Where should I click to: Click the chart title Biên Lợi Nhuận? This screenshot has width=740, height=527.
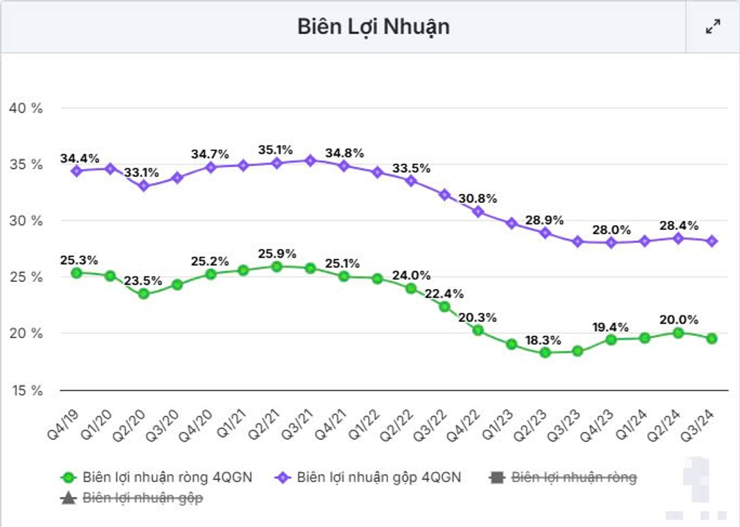pos(373,26)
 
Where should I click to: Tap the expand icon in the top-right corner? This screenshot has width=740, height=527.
pos(712,27)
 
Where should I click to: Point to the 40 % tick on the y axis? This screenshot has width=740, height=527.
pos(26,108)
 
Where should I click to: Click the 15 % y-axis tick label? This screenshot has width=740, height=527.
pos(26,389)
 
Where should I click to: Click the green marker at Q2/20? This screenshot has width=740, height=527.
pos(143,294)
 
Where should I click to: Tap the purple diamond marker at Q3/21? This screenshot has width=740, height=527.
pos(310,160)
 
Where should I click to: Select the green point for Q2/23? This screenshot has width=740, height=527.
pos(545,352)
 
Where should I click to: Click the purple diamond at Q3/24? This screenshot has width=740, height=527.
pos(712,241)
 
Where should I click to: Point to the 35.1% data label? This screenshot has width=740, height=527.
pos(277,150)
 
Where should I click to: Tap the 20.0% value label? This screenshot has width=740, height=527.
pos(679,320)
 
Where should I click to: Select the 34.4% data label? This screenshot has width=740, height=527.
pos(80,158)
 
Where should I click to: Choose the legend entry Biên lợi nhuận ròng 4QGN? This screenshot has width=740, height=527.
pos(157,477)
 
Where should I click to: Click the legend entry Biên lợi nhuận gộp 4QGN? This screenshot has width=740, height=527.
pos(370,477)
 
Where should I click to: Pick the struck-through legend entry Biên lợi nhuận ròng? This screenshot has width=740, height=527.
pos(563,477)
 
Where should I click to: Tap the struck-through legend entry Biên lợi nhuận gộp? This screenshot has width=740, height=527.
pos(132,498)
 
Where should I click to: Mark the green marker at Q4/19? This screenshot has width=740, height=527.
pos(76,272)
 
